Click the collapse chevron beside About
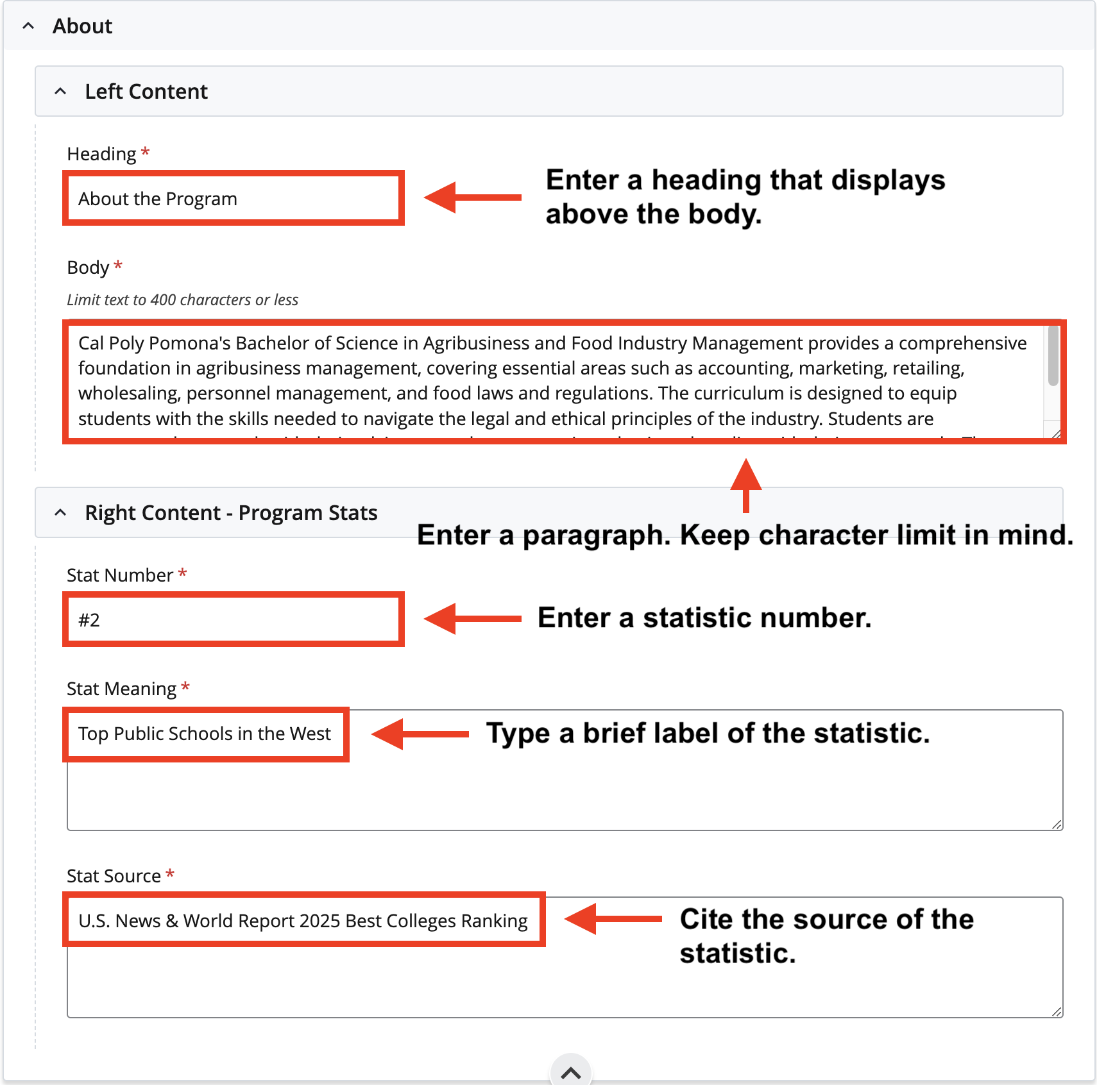28,26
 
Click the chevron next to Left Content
60,92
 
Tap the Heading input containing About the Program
233,199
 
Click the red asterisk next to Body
118,265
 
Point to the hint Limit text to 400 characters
182,300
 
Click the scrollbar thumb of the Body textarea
1053,357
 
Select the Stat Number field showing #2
233,620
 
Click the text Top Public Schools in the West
205,734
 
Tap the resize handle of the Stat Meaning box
1056,824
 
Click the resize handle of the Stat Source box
1056,1011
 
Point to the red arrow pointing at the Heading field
473,198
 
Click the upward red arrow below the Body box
745,485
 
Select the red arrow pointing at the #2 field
473,619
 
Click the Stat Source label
114,876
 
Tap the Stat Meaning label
121,689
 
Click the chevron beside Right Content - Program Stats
60,513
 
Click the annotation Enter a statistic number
704,618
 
